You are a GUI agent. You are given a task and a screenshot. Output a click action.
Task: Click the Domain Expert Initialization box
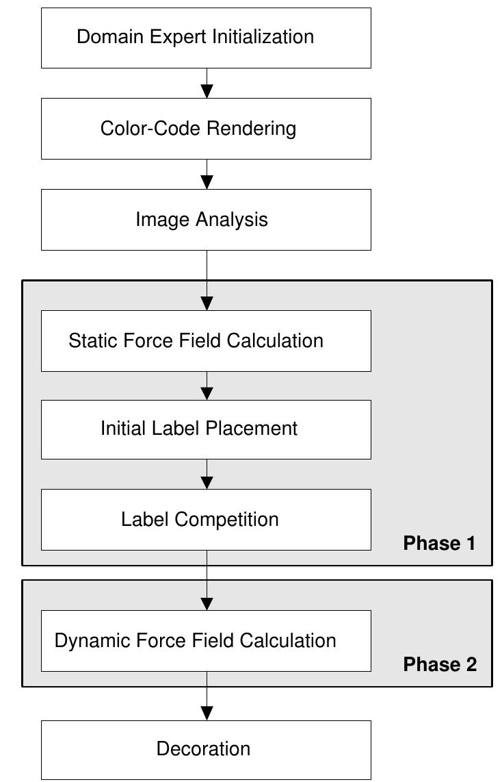click(206, 38)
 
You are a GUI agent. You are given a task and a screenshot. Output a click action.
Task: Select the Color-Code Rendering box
click(206, 129)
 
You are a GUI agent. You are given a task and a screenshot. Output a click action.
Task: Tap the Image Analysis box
click(206, 220)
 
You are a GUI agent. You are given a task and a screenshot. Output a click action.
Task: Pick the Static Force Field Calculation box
click(206, 341)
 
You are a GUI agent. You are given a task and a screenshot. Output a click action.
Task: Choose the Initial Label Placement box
click(206, 429)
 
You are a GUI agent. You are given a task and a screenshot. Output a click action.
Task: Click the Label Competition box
click(206, 520)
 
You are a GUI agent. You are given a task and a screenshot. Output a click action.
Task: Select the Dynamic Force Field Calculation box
click(206, 641)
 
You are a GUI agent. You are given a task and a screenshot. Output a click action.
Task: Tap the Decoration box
click(206, 749)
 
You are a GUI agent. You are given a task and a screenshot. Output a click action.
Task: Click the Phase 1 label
click(439, 544)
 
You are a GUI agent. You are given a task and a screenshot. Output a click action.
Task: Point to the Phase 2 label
click(440, 664)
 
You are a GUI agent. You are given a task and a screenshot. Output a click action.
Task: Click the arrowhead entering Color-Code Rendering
click(207, 91)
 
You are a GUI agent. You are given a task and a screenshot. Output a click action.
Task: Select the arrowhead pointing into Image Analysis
click(207, 182)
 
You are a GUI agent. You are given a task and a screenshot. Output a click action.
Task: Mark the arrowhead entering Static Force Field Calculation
click(207, 303)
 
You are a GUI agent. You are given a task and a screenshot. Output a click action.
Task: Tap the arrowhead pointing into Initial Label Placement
click(207, 393)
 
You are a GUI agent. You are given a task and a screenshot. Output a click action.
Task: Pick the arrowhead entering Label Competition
click(207, 482)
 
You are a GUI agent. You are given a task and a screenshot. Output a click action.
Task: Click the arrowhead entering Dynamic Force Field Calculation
click(207, 603)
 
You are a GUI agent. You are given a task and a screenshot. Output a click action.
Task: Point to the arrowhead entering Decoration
click(207, 713)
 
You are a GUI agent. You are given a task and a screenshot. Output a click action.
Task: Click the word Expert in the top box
click(165, 37)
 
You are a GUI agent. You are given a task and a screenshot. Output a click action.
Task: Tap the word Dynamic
click(92, 641)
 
